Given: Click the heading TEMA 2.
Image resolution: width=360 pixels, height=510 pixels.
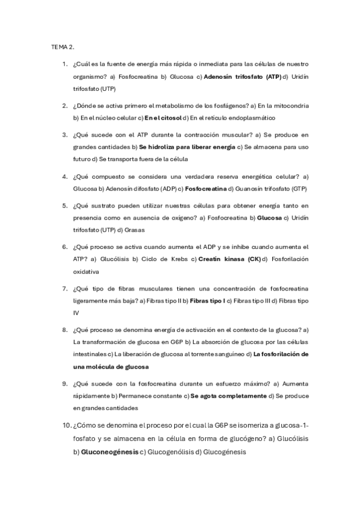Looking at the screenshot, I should point(63,46).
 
